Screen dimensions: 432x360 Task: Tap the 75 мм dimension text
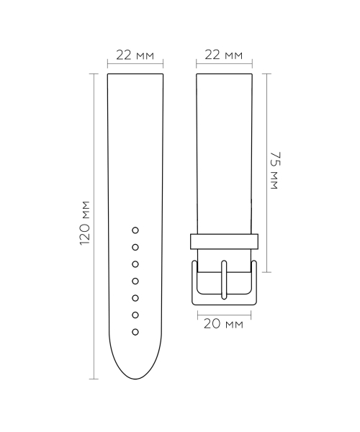(274, 170)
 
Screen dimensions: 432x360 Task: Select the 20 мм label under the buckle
(224, 325)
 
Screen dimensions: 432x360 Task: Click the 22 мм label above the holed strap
(135, 55)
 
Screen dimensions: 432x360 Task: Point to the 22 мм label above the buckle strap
(224, 55)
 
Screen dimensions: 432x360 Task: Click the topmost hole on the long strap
(135, 230)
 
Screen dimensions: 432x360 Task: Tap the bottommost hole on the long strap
(135, 332)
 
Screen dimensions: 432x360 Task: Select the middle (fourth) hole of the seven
(135, 281)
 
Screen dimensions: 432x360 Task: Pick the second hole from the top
(135, 247)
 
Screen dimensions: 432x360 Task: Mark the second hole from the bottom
(135, 315)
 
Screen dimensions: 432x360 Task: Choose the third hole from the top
(135, 264)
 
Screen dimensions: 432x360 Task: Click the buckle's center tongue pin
(224, 281)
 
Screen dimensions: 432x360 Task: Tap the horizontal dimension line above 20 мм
(224, 313)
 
